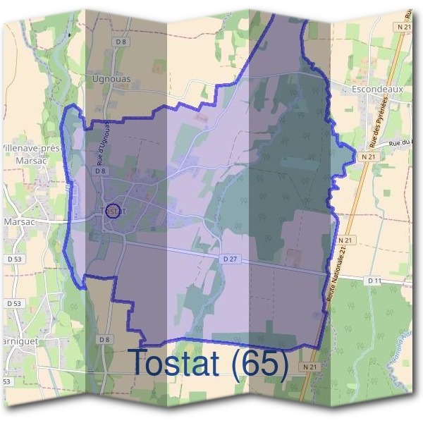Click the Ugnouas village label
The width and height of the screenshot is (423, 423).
pyautogui.click(x=107, y=79)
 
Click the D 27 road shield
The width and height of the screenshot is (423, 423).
pyautogui.click(x=229, y=259)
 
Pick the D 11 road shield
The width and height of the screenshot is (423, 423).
pyautogui.click(x=374, y=281)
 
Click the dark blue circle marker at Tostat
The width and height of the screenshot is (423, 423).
pyautogui.click(x=111, y=209)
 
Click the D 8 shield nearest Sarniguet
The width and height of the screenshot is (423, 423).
pyautogui.click(x=105, y=340)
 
